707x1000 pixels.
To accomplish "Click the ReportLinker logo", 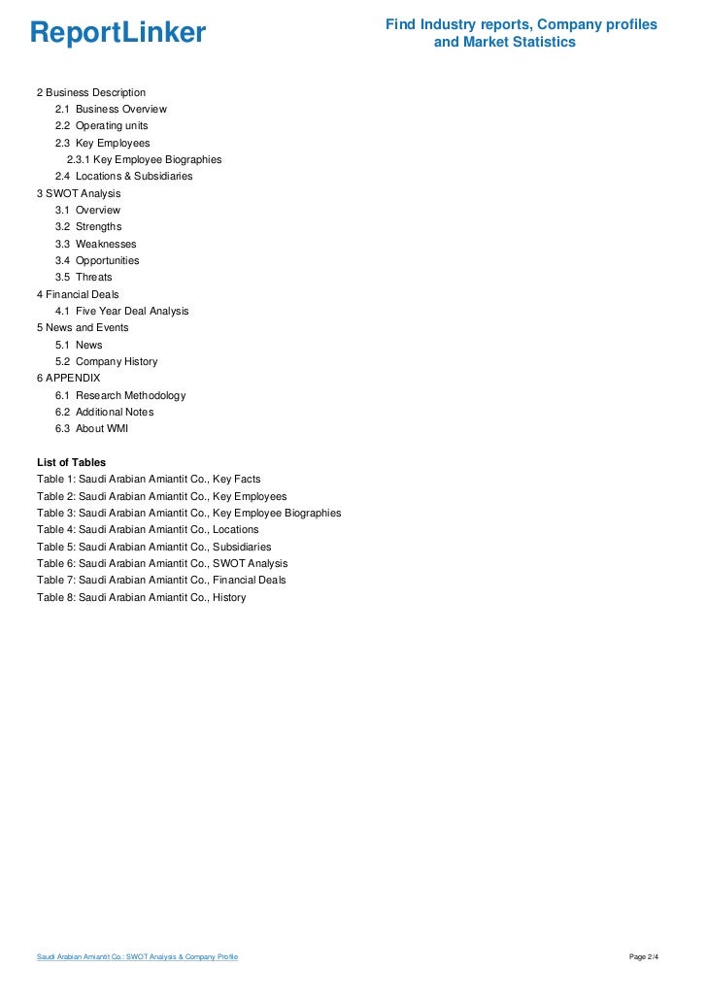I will click(x=118, y=33).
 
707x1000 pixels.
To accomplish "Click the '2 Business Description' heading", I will click(x=91, y=92).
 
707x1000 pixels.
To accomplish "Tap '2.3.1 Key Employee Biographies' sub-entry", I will click(x=145, y=159).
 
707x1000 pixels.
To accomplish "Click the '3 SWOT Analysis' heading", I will click(x=79, y=193).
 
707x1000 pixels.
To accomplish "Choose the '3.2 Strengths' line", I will click(x=88, y=227).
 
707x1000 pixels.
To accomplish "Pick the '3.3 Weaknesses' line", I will click(x=96, y=244).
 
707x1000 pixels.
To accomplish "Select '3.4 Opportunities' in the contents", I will click(x=97, y=260).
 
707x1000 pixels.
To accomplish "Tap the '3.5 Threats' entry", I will click(x=84, y=278).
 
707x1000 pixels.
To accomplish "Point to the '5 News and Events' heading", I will click(x=83, y=328).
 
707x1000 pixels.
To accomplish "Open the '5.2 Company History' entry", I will click(x=107, y=361).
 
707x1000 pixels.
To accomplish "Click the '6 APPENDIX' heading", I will click(x=68, y=378).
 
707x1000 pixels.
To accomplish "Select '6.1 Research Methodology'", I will click(x=120, y=395).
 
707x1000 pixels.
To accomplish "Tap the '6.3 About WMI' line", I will click(x=92, y=428).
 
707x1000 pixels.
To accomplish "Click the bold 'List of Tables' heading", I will click(x=71, y=462).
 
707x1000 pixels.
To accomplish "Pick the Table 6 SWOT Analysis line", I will click(x=162, y=563).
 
